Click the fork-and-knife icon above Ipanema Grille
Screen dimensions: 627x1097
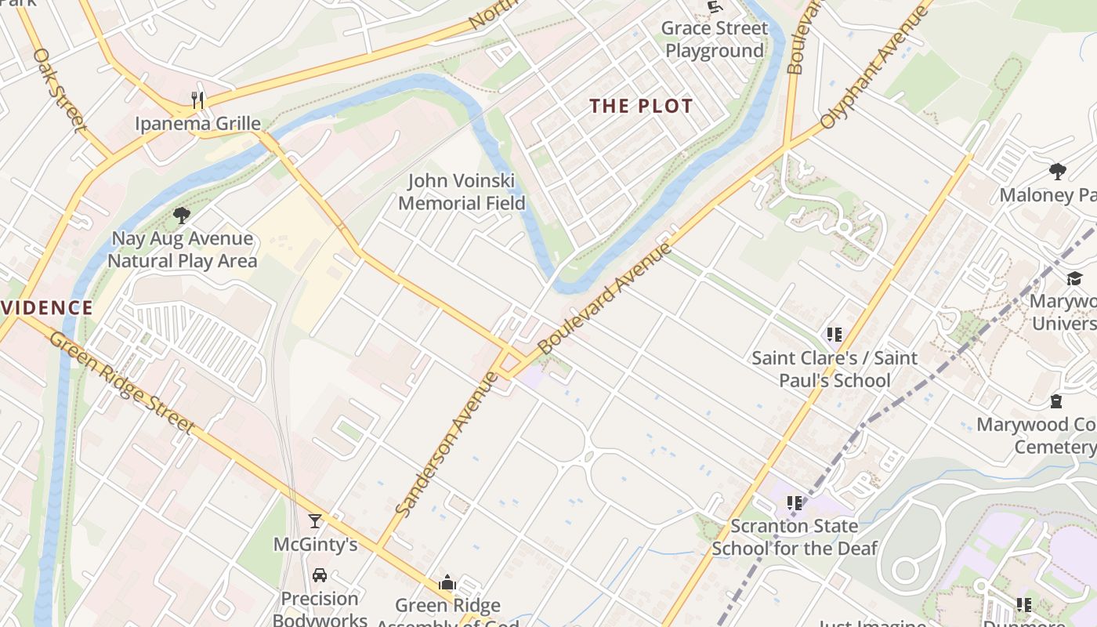coord(197,100)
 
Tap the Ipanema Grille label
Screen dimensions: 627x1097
coord(197,124)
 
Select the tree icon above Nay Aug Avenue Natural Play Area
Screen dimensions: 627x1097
coord(182,215)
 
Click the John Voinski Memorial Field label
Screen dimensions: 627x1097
coord(461,193)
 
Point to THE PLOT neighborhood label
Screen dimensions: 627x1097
coord(641,107)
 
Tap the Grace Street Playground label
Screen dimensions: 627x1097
coord(715,40)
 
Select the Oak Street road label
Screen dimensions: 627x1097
coord(60,90)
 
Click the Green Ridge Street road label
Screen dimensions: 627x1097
coord(122,382)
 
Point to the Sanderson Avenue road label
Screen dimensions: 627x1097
coord(447,444)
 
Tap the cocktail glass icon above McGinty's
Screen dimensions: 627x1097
coord(315,521)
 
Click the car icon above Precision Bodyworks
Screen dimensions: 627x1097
coord(320,575)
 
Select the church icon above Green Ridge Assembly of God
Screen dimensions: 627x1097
coord(447,582)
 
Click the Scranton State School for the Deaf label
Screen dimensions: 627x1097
coord(794,537)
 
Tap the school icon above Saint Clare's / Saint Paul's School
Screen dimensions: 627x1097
coord(834,335)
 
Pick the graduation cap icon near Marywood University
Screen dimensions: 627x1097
coord(1073,279)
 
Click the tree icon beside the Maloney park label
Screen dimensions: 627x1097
coord(1057,171)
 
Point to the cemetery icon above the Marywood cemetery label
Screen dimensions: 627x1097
coord(1056,401)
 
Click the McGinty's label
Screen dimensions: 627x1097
coord(315,545)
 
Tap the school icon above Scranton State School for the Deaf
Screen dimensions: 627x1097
coord(795,503)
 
